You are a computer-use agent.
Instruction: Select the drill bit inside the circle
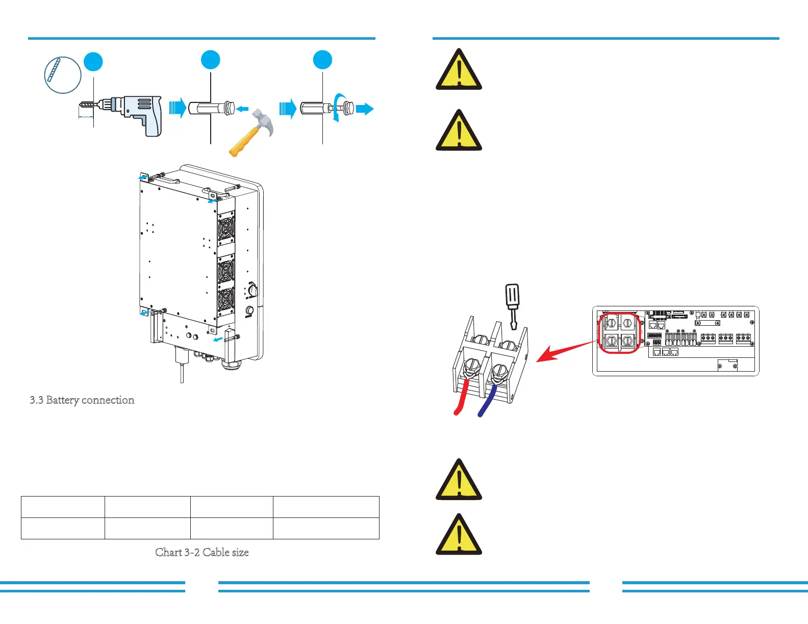click(54, 70)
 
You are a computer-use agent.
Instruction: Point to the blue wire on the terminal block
click(488, 400)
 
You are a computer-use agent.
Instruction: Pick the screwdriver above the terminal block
click(513, 306)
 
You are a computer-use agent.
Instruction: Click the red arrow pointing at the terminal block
click(561, 352)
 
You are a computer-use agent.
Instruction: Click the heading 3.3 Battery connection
click(82, 400)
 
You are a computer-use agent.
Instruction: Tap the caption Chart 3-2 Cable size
click(202, 552)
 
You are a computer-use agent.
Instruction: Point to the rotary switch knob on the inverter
click(252, 291)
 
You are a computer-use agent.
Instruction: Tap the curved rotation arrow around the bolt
click(337, 107)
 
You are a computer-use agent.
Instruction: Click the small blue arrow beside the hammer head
click(242, 109)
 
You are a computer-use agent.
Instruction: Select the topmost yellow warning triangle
click(459, 71)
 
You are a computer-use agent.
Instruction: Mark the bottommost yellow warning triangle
click(459, 536)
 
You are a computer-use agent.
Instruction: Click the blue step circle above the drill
click(93, 62)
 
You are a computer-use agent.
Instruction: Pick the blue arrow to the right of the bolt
click(365, 109)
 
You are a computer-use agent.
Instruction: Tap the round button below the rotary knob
click(250, 310)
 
